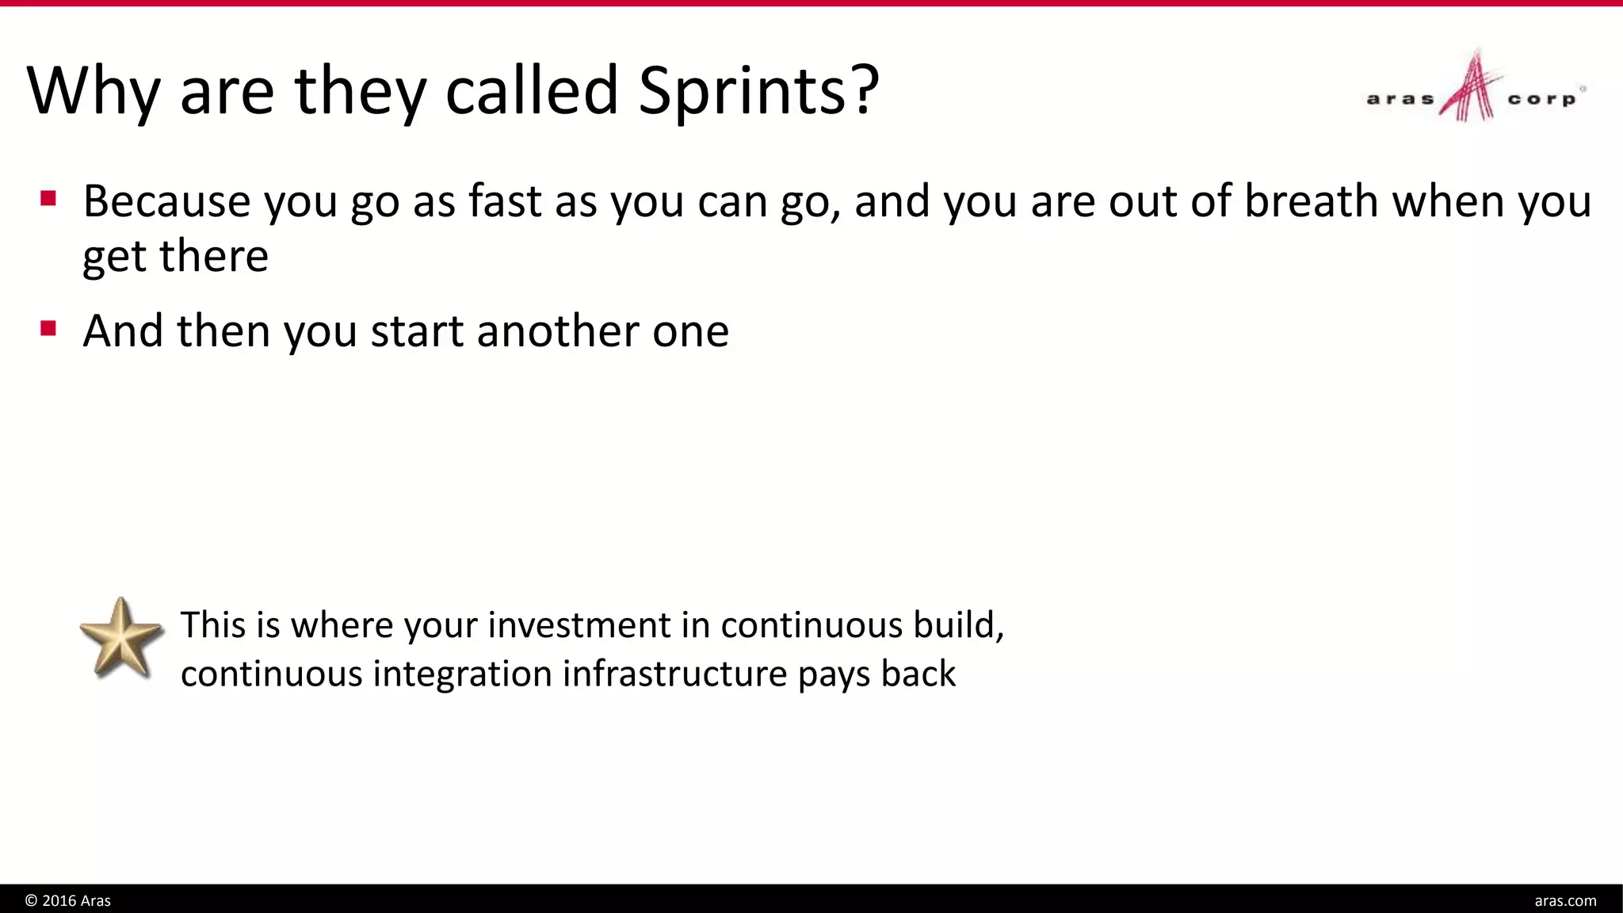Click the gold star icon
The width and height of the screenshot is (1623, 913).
point(121,639)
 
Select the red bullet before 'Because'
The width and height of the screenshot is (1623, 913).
point(48,197)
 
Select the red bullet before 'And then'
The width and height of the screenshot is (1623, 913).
point(48,327)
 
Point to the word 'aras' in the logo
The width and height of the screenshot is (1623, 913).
point(1400,100)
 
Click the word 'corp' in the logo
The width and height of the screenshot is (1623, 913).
point(1541,100)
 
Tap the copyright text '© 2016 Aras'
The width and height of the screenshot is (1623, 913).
point(68,900)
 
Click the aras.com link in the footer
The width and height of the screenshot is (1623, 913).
point(1565,900)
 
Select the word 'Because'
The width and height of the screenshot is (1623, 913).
point(166,201)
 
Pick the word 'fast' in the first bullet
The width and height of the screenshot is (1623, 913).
point(505,201)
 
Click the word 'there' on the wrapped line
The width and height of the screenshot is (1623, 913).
point(214,256)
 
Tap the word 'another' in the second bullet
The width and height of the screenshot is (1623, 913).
point(557,331)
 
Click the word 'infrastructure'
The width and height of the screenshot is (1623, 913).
point(675,674)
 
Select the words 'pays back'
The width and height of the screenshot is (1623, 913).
point(876,674)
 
